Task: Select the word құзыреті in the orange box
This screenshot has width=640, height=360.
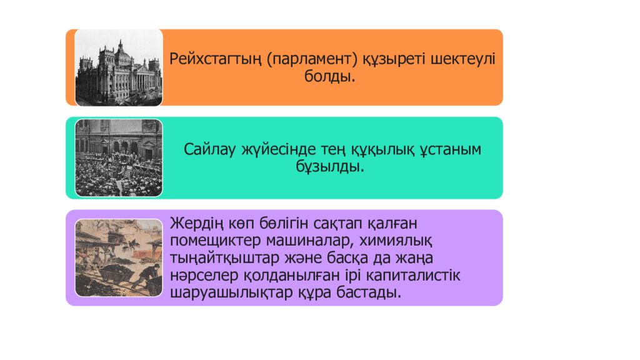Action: point(391,59)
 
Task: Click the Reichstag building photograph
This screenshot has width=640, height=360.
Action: point(119,67)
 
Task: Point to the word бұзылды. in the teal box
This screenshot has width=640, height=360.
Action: point(329,167)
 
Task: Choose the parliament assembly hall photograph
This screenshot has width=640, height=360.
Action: point(119,157)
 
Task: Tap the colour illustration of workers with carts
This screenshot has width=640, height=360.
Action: point(119,257)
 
